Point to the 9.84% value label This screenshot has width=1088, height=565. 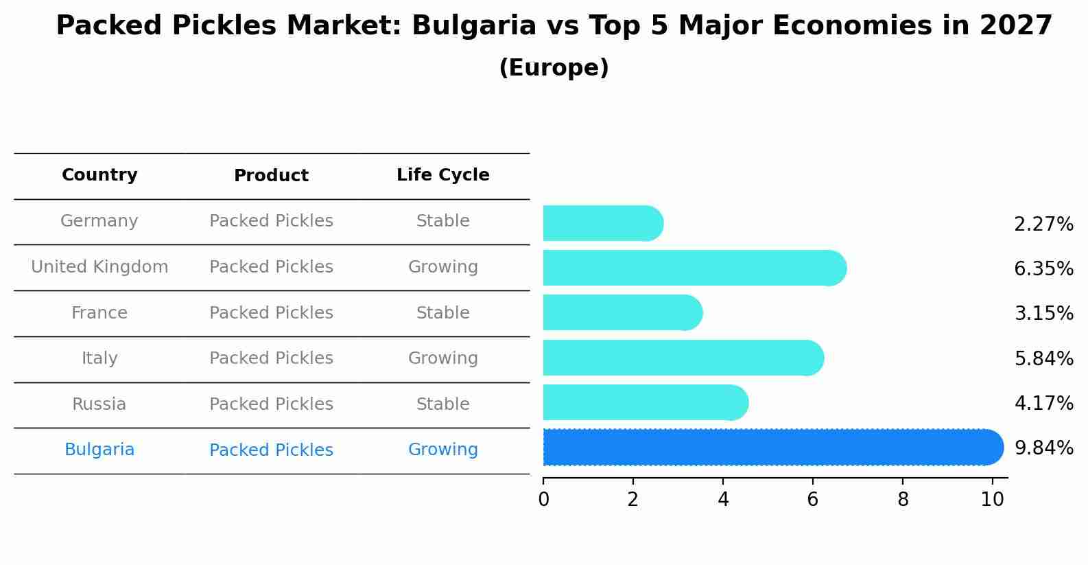pyautogui.click(x=1043, y=448)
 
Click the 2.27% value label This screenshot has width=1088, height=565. pyautogui.click(x=1043, y=224)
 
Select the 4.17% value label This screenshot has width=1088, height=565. pyautogui.click(x=1043, y=403)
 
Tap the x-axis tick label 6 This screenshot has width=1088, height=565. pyautogui.click(x=812, y=500)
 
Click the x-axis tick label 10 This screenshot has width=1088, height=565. pyautogui.click(x=992, y=500)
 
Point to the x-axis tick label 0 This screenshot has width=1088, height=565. pyautogui.click(x=543, y=500)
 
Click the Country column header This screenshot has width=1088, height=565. pyautogui.click(x=99, y=175)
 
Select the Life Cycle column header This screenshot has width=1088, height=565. pyautogui.click(x=442, y=175)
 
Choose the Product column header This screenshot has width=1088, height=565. pyautogui.click(x=271, y=176)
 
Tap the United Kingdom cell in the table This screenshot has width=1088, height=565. pyautogui.click(x=99, y=267)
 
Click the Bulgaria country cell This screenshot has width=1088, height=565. pyautogui.click(x=99, y=450)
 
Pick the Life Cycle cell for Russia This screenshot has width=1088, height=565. pyautogui.click(x=442, y=404)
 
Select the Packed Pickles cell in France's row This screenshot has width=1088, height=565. pyautogui.click(x=271, y=313)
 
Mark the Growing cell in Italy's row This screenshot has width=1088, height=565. pyautogui.click(x=442, y=358)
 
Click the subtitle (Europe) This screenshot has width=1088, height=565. pyautogui.click(x=554, y=68)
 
